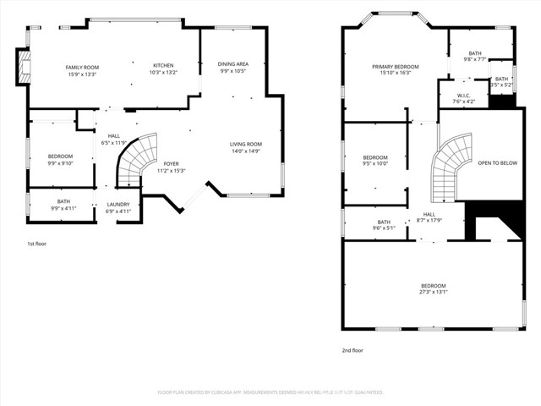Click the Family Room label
tap(83, 70)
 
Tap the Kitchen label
tap(164, 69)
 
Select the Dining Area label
tap(233, 67)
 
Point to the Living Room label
tap(246, 148)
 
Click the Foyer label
tap(172, 167)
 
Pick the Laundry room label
tap(118, 207)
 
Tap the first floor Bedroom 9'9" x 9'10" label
tap(60, 160)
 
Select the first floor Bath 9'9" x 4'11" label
tap(63, 204)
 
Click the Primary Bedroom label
tap(396, 69)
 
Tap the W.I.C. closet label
tap(463, 97)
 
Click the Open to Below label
tap(497, 162)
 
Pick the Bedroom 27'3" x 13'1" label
tap(433, 289)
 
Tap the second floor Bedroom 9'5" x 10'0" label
tap(375, 161)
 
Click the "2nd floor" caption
tap(352, 349)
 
